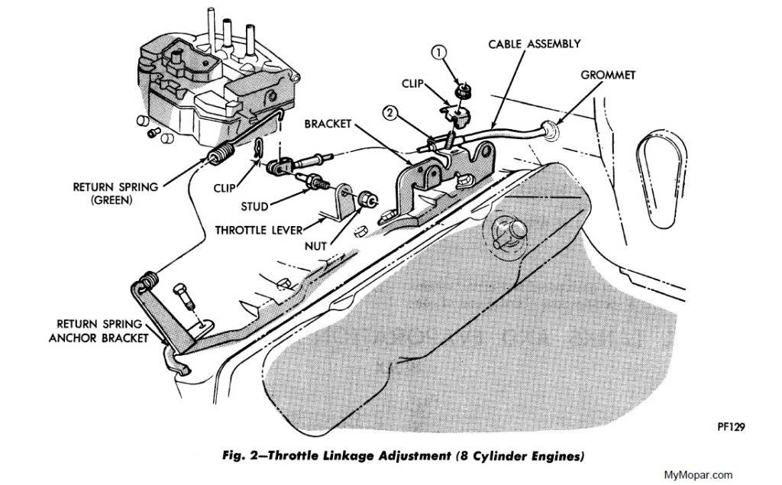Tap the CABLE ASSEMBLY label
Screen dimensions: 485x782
click(535, 44)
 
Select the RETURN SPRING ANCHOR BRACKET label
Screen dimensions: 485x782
click(108, 330)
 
